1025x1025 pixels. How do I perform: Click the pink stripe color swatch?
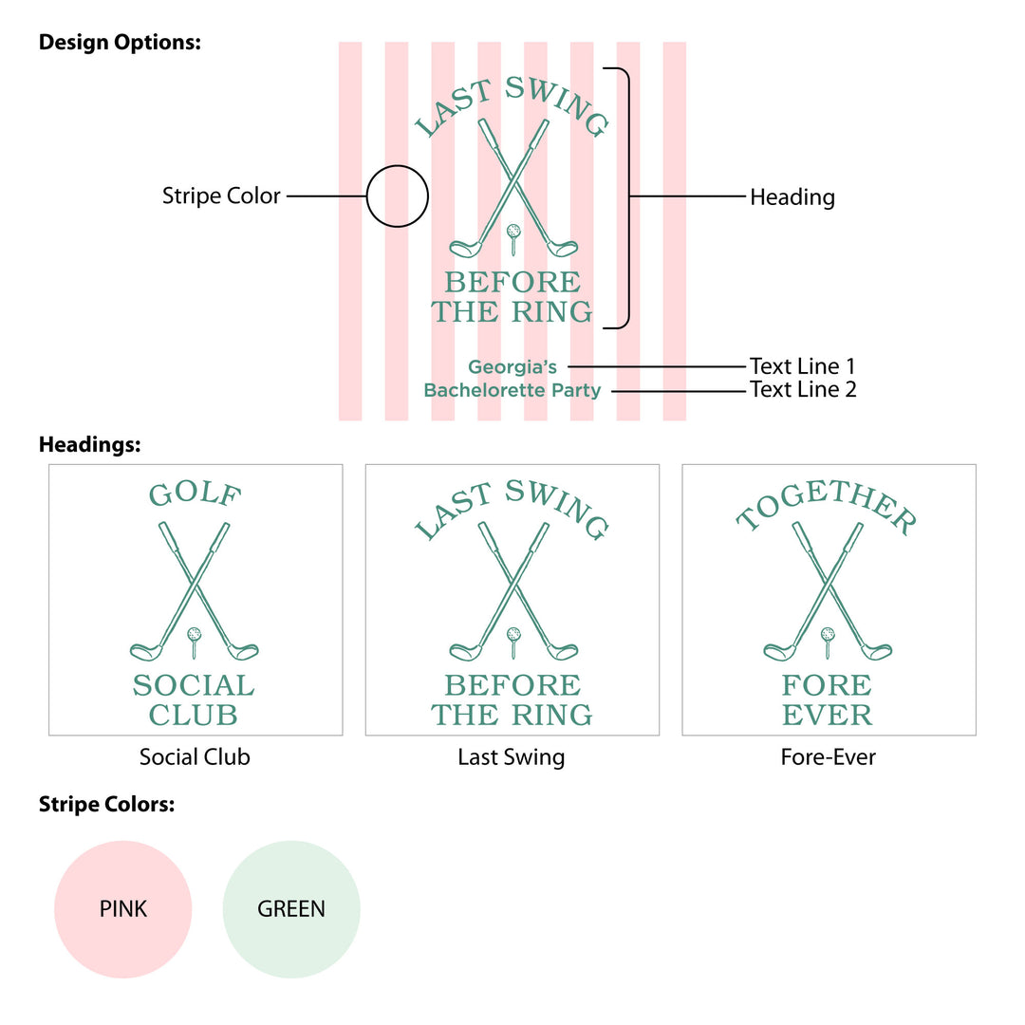pos(123,909)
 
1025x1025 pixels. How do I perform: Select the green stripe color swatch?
pos(291,909)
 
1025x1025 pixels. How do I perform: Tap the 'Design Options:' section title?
pos(120,43)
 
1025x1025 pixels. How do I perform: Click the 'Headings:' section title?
pos(89,444)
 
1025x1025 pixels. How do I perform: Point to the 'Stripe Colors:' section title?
pos(107,805)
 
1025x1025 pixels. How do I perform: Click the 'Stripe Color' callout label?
pos(221,196)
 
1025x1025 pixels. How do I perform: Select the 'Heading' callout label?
pos(792,197)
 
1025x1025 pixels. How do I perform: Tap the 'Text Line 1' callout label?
pos(802,366)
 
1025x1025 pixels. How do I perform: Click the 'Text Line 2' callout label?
pos(803,389)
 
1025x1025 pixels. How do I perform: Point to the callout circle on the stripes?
pos(398,196)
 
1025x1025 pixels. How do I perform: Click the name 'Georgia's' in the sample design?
pos(512,366)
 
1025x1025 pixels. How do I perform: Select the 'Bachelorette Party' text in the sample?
pos(512,390)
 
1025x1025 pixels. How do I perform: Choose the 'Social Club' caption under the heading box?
pos(195,757)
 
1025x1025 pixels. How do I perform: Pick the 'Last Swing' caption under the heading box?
pos(512,757)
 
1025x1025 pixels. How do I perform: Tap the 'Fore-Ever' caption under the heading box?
pos(829,757)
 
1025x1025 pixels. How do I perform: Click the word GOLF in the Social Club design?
pos(196,494)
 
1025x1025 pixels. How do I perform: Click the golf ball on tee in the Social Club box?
pos(196,634)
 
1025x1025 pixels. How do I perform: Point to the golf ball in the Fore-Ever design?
pos(828,633)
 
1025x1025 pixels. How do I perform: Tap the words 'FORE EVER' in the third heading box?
pos(828,699)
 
